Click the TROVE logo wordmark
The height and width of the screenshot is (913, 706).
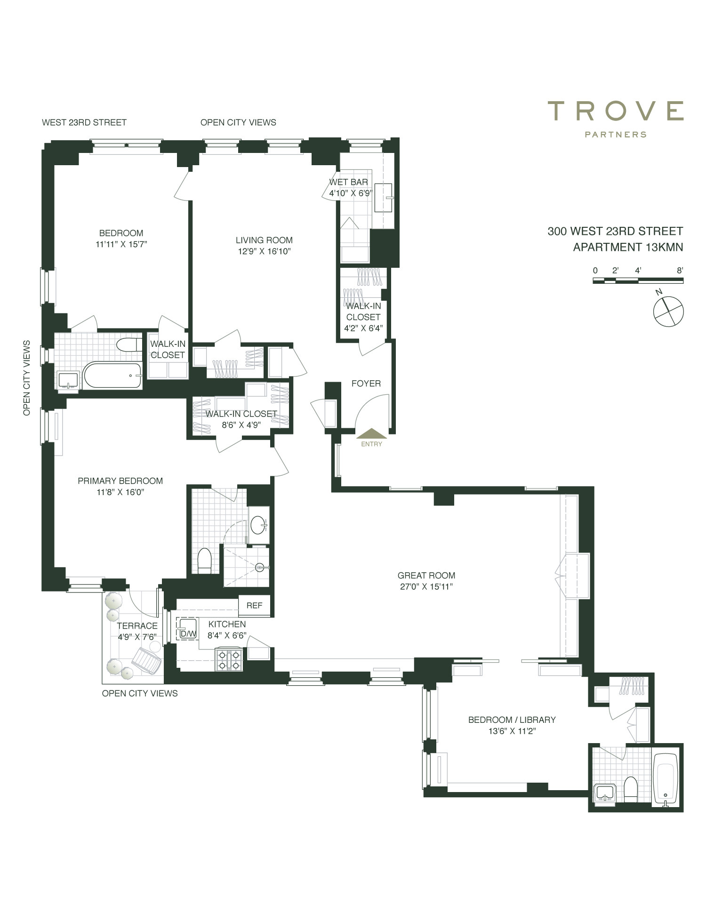coord(616,111)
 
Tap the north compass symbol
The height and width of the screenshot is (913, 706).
coord(668,311)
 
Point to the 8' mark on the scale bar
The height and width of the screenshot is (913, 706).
coord(680,271)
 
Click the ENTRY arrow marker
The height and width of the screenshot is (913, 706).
coord(372,433)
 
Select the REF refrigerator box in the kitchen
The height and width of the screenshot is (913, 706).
coord(255,605)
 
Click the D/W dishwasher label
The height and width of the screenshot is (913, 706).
coord(188,634)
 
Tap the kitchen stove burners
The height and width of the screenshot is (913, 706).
coord(229,659)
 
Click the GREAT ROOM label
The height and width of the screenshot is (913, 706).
coord(426,575)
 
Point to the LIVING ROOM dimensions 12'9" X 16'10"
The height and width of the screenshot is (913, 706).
coord(265,251)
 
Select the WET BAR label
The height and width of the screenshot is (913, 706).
coord(349,182)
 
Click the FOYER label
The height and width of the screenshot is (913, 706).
coord(366,384)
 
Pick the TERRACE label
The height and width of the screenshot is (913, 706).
coord(137,625)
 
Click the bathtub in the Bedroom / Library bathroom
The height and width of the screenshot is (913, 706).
coord(666,780)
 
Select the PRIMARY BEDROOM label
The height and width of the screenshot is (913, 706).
coord(120,481)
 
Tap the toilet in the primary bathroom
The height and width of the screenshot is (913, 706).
coord(205,561)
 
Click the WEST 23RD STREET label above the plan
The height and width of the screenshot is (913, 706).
coord(84,122)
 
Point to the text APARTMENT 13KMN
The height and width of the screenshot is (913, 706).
coord(628,247)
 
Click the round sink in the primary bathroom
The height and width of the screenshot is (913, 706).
coord(258,525)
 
